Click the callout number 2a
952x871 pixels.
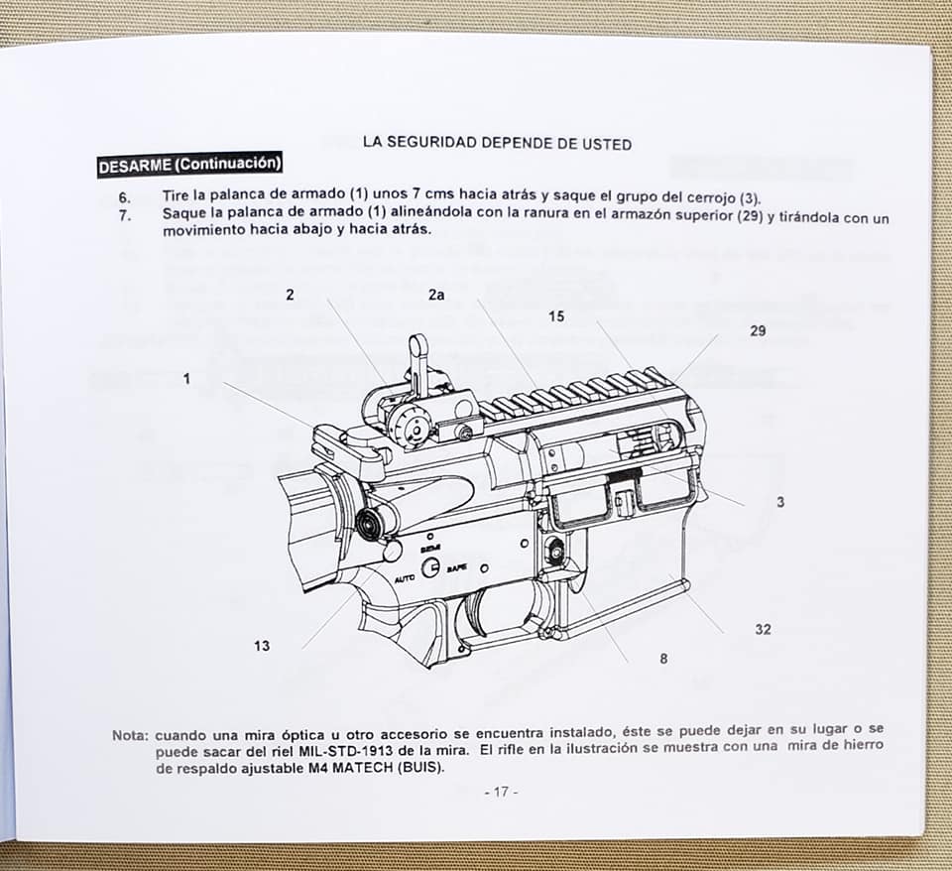click(x=436, y=296)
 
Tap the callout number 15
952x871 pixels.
click(x=556, y=316)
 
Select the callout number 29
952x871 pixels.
click(x=758, y=331)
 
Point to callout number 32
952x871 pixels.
click(x=764, y=629)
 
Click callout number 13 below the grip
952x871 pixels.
click(x=262, y=646)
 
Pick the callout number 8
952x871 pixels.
click(x=663, y=659)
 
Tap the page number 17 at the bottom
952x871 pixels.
click(x=501, y=792)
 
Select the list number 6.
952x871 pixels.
click(x=125, y=198)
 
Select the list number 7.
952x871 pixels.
click(x=125, y=215)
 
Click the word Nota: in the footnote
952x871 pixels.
click(x=130, y=735)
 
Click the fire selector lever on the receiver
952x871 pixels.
click(x=430, y=567)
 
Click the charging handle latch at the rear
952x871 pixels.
click(x=331, y=441)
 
